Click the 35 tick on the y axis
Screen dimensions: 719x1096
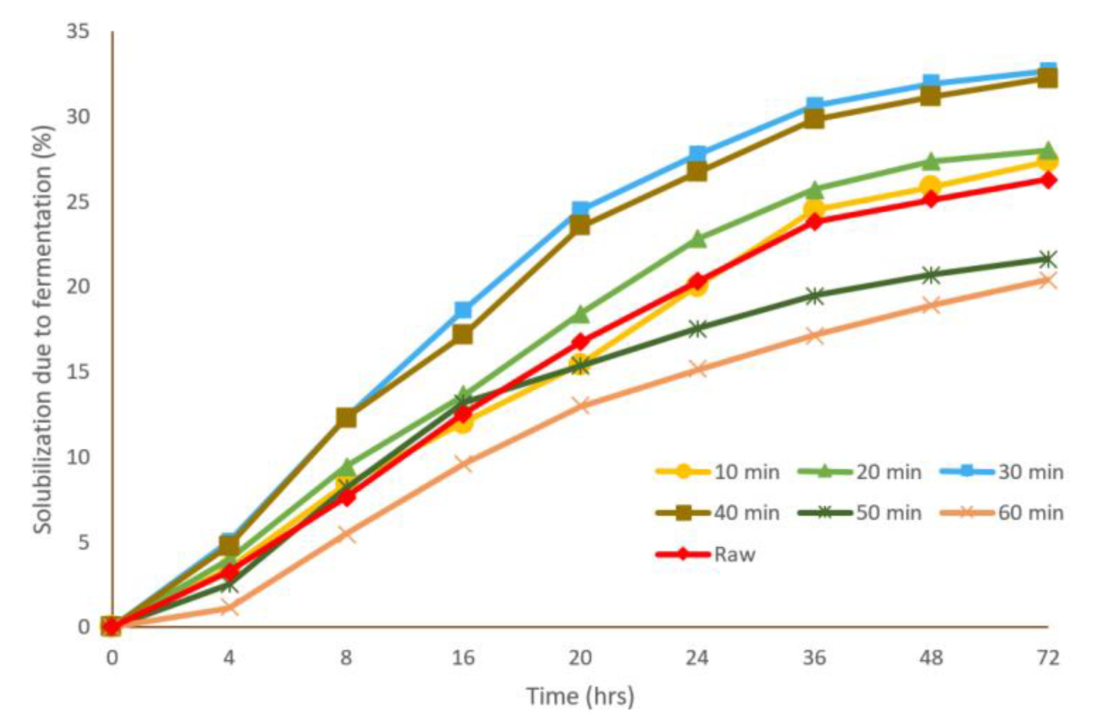tap(78, 32)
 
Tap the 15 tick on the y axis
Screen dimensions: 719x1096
tap(78, 372)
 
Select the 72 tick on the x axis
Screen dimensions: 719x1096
tap(1048, 657)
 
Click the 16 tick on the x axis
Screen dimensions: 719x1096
tap(463, 657)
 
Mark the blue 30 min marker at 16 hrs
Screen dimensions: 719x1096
tap(463, 310)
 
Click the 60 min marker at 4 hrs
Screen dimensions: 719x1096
tap(229, 608)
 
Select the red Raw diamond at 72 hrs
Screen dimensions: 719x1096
tap(1048, 180)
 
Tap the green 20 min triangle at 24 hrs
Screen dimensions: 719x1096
tap(697, 239)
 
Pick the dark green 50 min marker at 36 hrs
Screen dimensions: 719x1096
tap(815, 296)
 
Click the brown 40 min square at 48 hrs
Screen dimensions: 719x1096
tap(930, 97)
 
